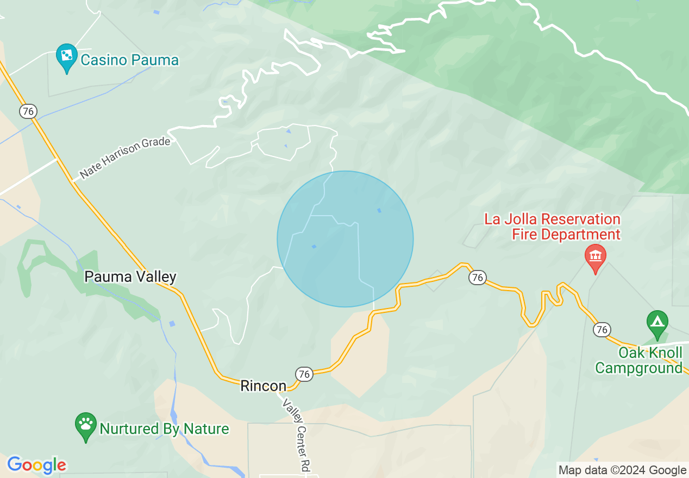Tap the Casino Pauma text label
pyautogui.click(x=129, y=60)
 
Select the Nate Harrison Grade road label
pyautogui.click(x=125, y=159)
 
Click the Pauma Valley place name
pyautogui.click(x=130, y=277)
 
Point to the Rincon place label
pyautogui.click(x=263, y=386)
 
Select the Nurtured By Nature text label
pyautogui.click(x=164, y=429)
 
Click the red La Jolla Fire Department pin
pyautogui.click(x=595, y=256)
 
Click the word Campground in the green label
pyautogui.click(x=638, y=368)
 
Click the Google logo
pyautogui.click(x=36, y=465)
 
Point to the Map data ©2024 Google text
pyautogui.click(x=623, y=470)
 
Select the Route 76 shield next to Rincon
pyautogui.click(x=304, y=374)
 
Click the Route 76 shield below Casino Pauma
pyautogui.click(x=28, y=111)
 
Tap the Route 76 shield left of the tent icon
pyautogui.click(x=602, y=329)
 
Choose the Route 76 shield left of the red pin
pyautogui.click(x=477, y=278)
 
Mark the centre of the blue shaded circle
pyautogui.click(x=345, y=239)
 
